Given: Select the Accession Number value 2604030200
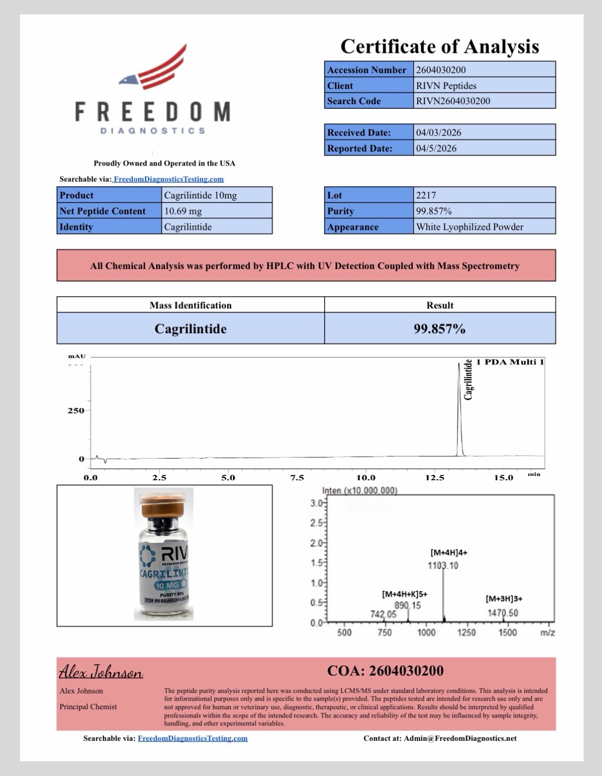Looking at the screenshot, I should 441,70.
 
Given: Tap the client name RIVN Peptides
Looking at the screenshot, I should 446,85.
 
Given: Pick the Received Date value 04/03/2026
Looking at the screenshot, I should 439,132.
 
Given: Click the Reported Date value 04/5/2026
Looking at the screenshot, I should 436,148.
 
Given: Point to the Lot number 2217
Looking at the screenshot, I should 426,195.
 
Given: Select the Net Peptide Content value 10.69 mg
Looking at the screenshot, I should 183,211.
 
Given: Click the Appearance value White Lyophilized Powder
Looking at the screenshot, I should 470,227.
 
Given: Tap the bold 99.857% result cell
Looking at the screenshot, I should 439,328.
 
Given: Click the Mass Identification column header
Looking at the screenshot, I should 190,305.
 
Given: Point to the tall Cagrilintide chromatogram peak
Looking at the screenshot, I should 460,408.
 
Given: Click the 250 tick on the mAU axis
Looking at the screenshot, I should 75,411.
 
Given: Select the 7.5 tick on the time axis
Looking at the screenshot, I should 297,478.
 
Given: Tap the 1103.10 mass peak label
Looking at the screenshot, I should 443,566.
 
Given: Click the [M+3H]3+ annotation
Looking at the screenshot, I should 504,598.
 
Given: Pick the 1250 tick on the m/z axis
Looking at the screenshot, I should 466,633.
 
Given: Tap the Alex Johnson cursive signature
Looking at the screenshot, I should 101,672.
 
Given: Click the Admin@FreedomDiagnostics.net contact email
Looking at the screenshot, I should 460,738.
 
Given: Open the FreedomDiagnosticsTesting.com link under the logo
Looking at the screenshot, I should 169,179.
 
